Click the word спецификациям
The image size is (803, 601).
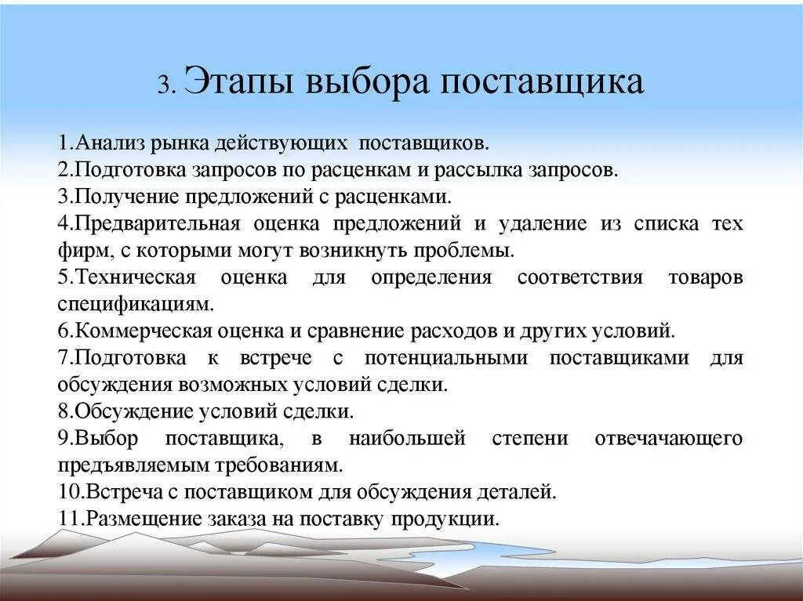point(133,303)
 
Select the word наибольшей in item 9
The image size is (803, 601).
point(407,438)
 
